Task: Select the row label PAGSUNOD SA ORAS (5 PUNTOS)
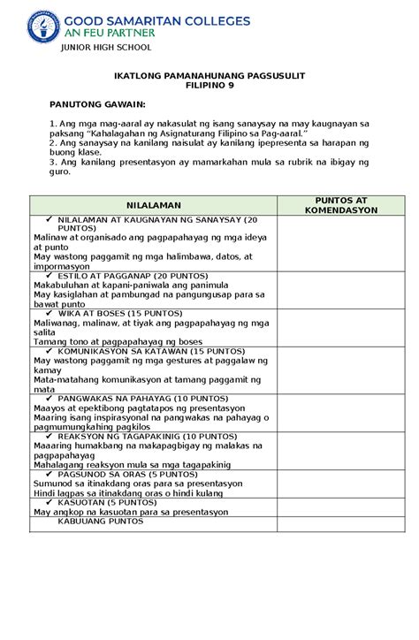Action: pos(127,474)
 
